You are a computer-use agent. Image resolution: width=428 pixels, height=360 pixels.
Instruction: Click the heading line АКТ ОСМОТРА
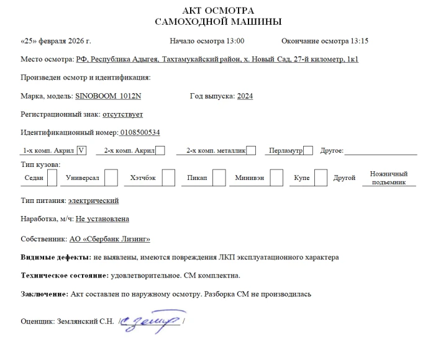pyautogui.click(x=218, y=11)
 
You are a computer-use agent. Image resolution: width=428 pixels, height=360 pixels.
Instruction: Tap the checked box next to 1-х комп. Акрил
pyautogui.click(x=81, y=150)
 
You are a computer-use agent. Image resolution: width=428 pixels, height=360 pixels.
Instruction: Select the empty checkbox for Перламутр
pyautogui.click(x=308, y=150)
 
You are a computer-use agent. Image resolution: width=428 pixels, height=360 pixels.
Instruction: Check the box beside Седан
pyautogui.click(x=52, y=178)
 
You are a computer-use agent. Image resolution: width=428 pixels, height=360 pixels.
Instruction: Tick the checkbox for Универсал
pyautogui.click(x=111, y=178)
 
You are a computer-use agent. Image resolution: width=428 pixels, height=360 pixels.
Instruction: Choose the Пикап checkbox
pyautogui.click(x=219, y=178)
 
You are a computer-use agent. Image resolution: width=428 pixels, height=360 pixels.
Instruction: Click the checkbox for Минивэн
pyautogui.click(x=276, y=178)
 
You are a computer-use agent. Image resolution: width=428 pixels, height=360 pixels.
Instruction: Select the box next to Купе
pyautogui.click(x=321, y=178)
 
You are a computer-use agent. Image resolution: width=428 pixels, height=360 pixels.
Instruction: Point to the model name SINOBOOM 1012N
pyautogui.click(x=108, y=96)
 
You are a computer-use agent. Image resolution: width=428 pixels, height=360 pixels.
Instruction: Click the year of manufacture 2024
pyautogui.click(x=245, y=96)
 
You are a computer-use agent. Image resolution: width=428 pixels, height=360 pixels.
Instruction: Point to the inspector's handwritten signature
pyautogui.click(x=150, y=321)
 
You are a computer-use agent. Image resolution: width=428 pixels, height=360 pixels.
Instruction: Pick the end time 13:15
pyautogui.click(x=360, y=41)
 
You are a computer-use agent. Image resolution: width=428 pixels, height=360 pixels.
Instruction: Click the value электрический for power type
pyautogui.click(x=93, y=200)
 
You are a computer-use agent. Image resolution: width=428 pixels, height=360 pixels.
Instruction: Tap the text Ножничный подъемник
pyautogui.click(x=389, y=178)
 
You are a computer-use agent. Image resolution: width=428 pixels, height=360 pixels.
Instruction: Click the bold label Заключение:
pyautogui.click(x=44, y=294)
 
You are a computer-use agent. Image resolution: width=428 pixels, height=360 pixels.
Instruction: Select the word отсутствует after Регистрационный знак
pyautogui.click(x=123, y=114)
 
